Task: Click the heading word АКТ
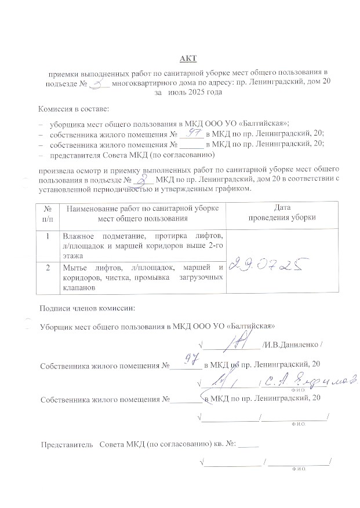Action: [188, 58]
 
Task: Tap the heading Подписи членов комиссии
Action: [87, 307]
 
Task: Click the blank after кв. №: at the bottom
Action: [249, 445]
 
